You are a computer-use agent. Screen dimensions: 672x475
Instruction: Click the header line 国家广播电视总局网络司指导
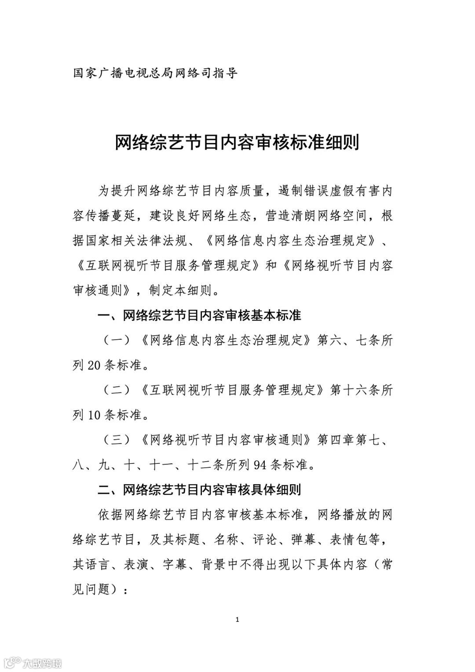[155, 73]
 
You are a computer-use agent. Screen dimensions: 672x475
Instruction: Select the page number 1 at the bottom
[237, 620]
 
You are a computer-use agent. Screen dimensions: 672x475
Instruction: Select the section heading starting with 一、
[199, 315]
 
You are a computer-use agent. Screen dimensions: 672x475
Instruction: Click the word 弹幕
[303, 540]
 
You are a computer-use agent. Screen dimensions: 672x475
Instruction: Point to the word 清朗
[303, 216]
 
